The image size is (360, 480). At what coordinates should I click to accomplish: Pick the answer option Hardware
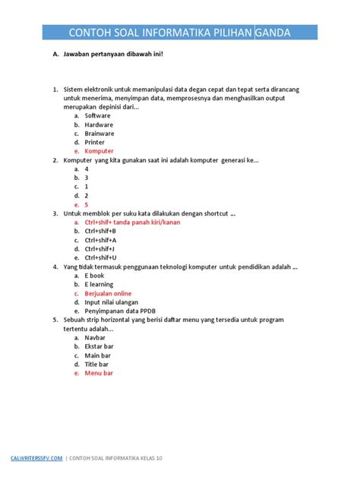click(x=99, y=124)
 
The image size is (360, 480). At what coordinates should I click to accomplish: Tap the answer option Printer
click(x=95, y=142)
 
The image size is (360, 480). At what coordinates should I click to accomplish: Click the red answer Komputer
click(x=99, y=151)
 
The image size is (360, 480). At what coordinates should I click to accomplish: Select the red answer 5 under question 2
click(x=87, y=205)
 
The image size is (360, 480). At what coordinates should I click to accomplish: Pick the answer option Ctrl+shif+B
click(x=100, y=231)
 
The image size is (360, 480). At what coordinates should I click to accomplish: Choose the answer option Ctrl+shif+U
click(x=100, y=257)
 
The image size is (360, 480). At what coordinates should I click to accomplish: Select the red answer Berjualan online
click(x=108, y=293)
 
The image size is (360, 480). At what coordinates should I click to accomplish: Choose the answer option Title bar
click(x=97, y=365)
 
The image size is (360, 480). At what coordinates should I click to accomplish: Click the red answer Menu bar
click(x=99, y=374)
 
